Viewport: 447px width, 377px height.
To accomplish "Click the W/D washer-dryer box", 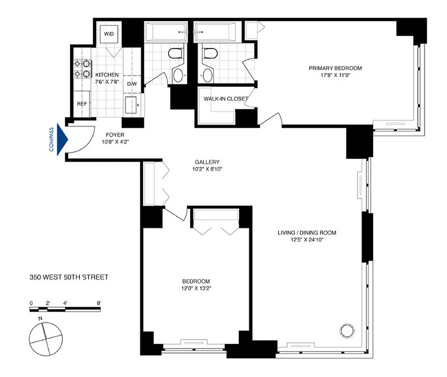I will coord(109,34).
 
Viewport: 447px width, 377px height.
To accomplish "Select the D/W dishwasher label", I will coord(132,84).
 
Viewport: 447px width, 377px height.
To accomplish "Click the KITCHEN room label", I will coord(107,75).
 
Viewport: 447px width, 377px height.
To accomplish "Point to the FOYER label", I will coord(115,135).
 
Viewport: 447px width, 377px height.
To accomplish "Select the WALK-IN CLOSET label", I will coord(225,99).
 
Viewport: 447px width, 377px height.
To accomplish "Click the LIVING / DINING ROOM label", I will coord(306,232).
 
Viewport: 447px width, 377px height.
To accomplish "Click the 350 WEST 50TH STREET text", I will coord(69,277).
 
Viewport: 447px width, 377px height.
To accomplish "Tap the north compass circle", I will coord(45,338).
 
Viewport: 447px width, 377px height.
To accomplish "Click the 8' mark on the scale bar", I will coord(99,303).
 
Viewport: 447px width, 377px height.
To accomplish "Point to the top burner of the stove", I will coord(86,64).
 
